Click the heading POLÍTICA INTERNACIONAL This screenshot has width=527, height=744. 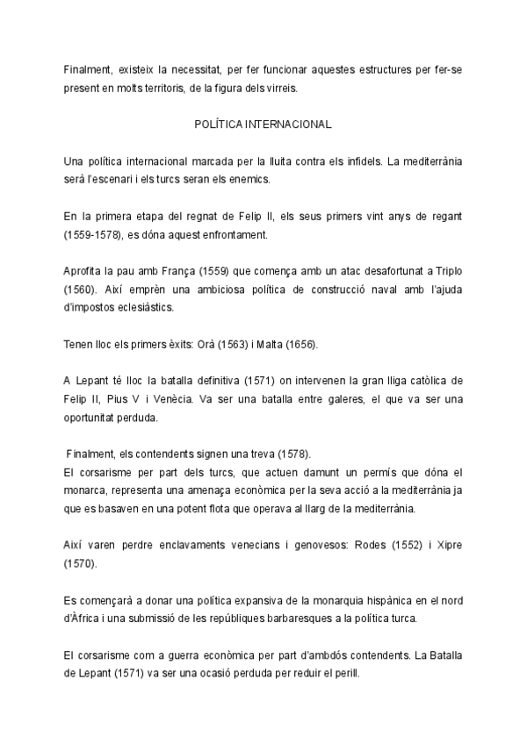click(263, 125)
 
